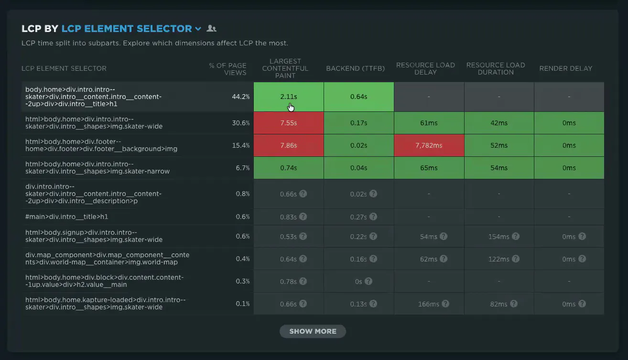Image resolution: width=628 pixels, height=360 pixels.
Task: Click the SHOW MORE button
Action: tap(313, 331)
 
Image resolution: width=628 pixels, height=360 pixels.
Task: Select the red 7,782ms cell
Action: tap(429, 145)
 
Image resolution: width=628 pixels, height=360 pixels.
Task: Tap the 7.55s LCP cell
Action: tap(289, 123)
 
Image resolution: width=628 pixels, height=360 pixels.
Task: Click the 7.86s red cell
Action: tap(289, 145)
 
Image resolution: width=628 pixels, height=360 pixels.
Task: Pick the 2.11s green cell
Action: tap(289, 97)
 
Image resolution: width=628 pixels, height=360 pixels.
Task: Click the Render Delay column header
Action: tap(566, 68)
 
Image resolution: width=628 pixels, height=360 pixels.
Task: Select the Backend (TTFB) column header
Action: tap(356, 68)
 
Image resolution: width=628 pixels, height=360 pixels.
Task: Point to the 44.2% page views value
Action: tap(240, 97)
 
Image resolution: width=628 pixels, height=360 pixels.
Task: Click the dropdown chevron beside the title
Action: tap(198, 29)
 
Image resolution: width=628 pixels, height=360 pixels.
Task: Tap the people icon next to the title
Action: tap(211, 28)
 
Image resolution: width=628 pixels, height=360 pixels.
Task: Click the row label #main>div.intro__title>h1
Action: tap(67, 217)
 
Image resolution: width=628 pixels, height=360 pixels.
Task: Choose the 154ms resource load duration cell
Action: tap(499, 237)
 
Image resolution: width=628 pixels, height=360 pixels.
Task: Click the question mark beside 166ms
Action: tap(445, 304)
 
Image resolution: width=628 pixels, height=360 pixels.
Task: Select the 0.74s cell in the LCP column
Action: tap(289, 168)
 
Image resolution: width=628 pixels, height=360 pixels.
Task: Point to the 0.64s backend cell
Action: tap(358, 97)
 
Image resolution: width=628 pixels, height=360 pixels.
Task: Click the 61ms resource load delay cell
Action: tap(429, 123)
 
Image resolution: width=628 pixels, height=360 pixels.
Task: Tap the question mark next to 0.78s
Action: tap(303, 281)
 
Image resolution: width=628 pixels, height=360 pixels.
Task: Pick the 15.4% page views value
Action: tap(240, 145)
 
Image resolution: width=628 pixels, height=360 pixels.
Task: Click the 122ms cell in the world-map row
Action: tap(499, 259)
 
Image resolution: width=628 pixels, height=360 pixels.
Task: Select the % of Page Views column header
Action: tap(227, 69)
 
